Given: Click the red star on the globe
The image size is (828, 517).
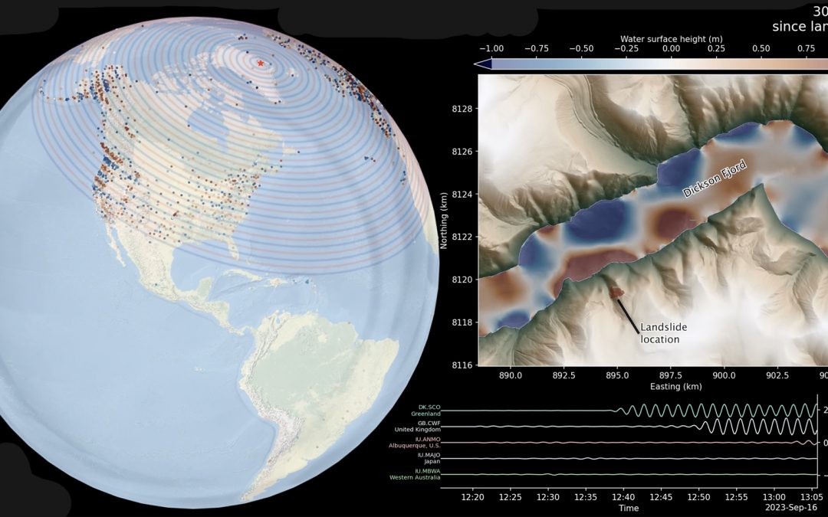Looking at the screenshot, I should (x=261, y=63).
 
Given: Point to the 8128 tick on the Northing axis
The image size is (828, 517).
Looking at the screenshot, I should (x=462, y=109).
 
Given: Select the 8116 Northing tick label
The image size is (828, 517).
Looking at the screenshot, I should (x=462, y=365).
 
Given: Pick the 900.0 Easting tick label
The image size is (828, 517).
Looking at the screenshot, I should (x=724, y=375).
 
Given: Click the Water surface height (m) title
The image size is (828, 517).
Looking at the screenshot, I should (x=671, y=39).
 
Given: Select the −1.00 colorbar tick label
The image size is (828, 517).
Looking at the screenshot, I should (x=491, y=49).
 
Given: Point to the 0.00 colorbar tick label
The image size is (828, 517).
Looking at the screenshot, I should (x=671, y=49).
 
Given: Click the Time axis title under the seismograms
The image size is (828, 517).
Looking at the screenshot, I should (x=629, y=508).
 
